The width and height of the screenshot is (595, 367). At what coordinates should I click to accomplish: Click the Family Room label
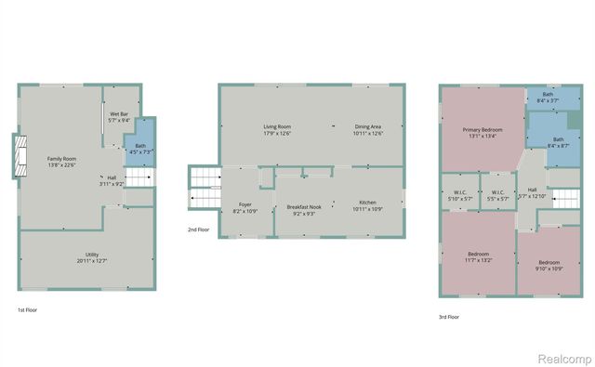pos(62,161)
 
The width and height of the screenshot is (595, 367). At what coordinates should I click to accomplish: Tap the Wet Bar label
pos(118,115)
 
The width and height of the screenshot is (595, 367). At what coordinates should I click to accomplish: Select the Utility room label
pos(92,256)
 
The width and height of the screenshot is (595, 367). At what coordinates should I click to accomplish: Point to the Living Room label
pos(277,129)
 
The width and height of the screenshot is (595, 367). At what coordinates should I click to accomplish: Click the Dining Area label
pos(368,129)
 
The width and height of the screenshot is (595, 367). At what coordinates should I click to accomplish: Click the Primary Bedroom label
pos(483,132)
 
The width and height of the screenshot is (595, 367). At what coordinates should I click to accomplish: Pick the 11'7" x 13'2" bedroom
pos(478,256)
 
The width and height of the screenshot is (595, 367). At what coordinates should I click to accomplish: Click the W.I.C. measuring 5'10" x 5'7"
pos(459,196)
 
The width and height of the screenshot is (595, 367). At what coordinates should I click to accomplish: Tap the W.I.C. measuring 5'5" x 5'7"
pos(497,196)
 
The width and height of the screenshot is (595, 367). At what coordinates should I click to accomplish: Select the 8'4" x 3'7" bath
pos(548,96)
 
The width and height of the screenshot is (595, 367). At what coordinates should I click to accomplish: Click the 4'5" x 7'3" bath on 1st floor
pos(139,149)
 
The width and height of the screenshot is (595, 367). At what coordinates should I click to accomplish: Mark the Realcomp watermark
pos(561,357)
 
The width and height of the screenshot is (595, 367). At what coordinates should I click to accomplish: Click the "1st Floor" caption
pos(28,309)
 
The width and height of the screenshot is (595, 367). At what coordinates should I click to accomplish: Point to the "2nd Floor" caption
pos(199,229)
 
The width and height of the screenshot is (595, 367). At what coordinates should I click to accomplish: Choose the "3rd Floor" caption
pos(450,317)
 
